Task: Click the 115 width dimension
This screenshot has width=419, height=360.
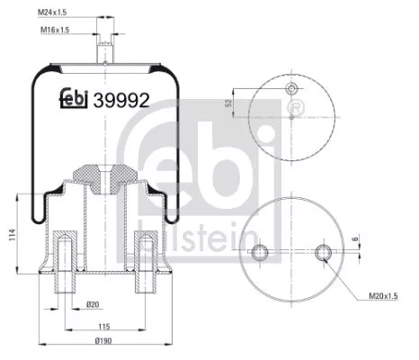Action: [x=104, y=325]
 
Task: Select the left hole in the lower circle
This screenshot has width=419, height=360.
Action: [x=260, y=251]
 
